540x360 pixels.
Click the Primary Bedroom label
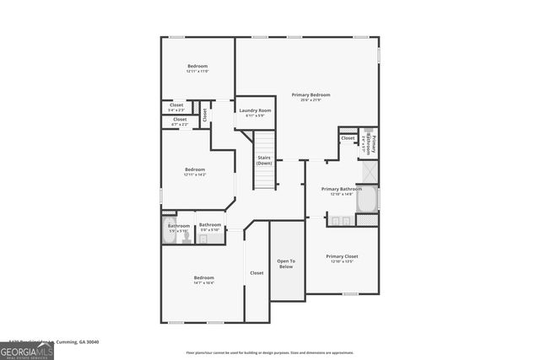[310, 97]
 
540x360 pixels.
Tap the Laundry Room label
[254, 112]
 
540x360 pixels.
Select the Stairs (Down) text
[264, 160]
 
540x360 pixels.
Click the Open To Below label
[286, 264]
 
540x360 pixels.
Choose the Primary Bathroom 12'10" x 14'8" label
[341, 191]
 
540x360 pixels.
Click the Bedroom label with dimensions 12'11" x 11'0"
[197, 68]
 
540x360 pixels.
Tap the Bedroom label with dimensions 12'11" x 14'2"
[195, 172]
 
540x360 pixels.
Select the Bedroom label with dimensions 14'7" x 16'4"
[203, 280]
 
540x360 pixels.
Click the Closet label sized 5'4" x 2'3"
[176, 107]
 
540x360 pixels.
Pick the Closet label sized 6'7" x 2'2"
[180, 121]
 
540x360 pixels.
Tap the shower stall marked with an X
[369, 171]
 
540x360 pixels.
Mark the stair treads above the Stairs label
[266, 142]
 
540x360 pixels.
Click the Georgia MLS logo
[27, 348]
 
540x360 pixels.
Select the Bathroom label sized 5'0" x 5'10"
[210, 227]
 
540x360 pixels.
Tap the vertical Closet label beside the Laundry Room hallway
[204, 115]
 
